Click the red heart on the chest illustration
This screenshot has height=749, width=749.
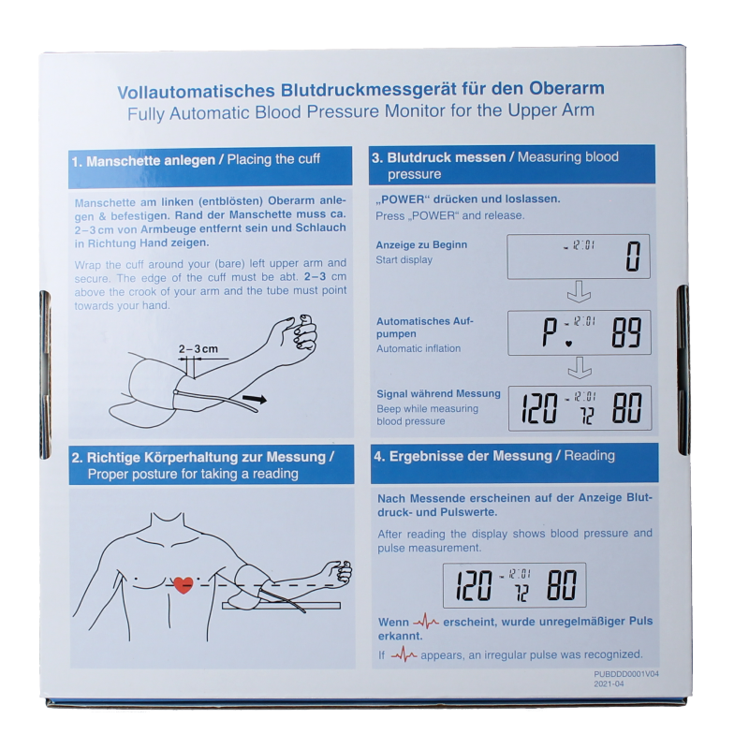pyautogui.click(x=184, y=584)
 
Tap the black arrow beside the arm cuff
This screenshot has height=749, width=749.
pyautogui.click(x=252, y=399)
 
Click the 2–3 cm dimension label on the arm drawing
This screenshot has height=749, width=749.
pyautogui.click(x=198, y=349)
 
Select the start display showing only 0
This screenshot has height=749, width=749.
pyautogui.click(x=578, y=257)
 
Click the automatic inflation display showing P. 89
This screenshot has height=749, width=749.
pyautogui.click(x=578, y=331)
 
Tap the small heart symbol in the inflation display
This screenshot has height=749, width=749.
pyautogui.click(x=568, y=343)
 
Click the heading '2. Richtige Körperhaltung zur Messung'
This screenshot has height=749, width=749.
pyautogui.click(x=202, y=457)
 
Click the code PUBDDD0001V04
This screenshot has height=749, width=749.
pyautogui.click(x=626, y=673)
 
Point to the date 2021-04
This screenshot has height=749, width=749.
pyautogui.click(x=609, y=684)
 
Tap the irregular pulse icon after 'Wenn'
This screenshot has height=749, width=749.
pyautogui.click(x=427, y=622)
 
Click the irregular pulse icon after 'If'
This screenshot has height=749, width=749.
pyautogui.click(x=404, y=655)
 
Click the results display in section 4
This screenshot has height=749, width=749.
pyautogui.click(x=514, y=585)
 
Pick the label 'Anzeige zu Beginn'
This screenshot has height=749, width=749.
pyautogui.click(x=421, y=245)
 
